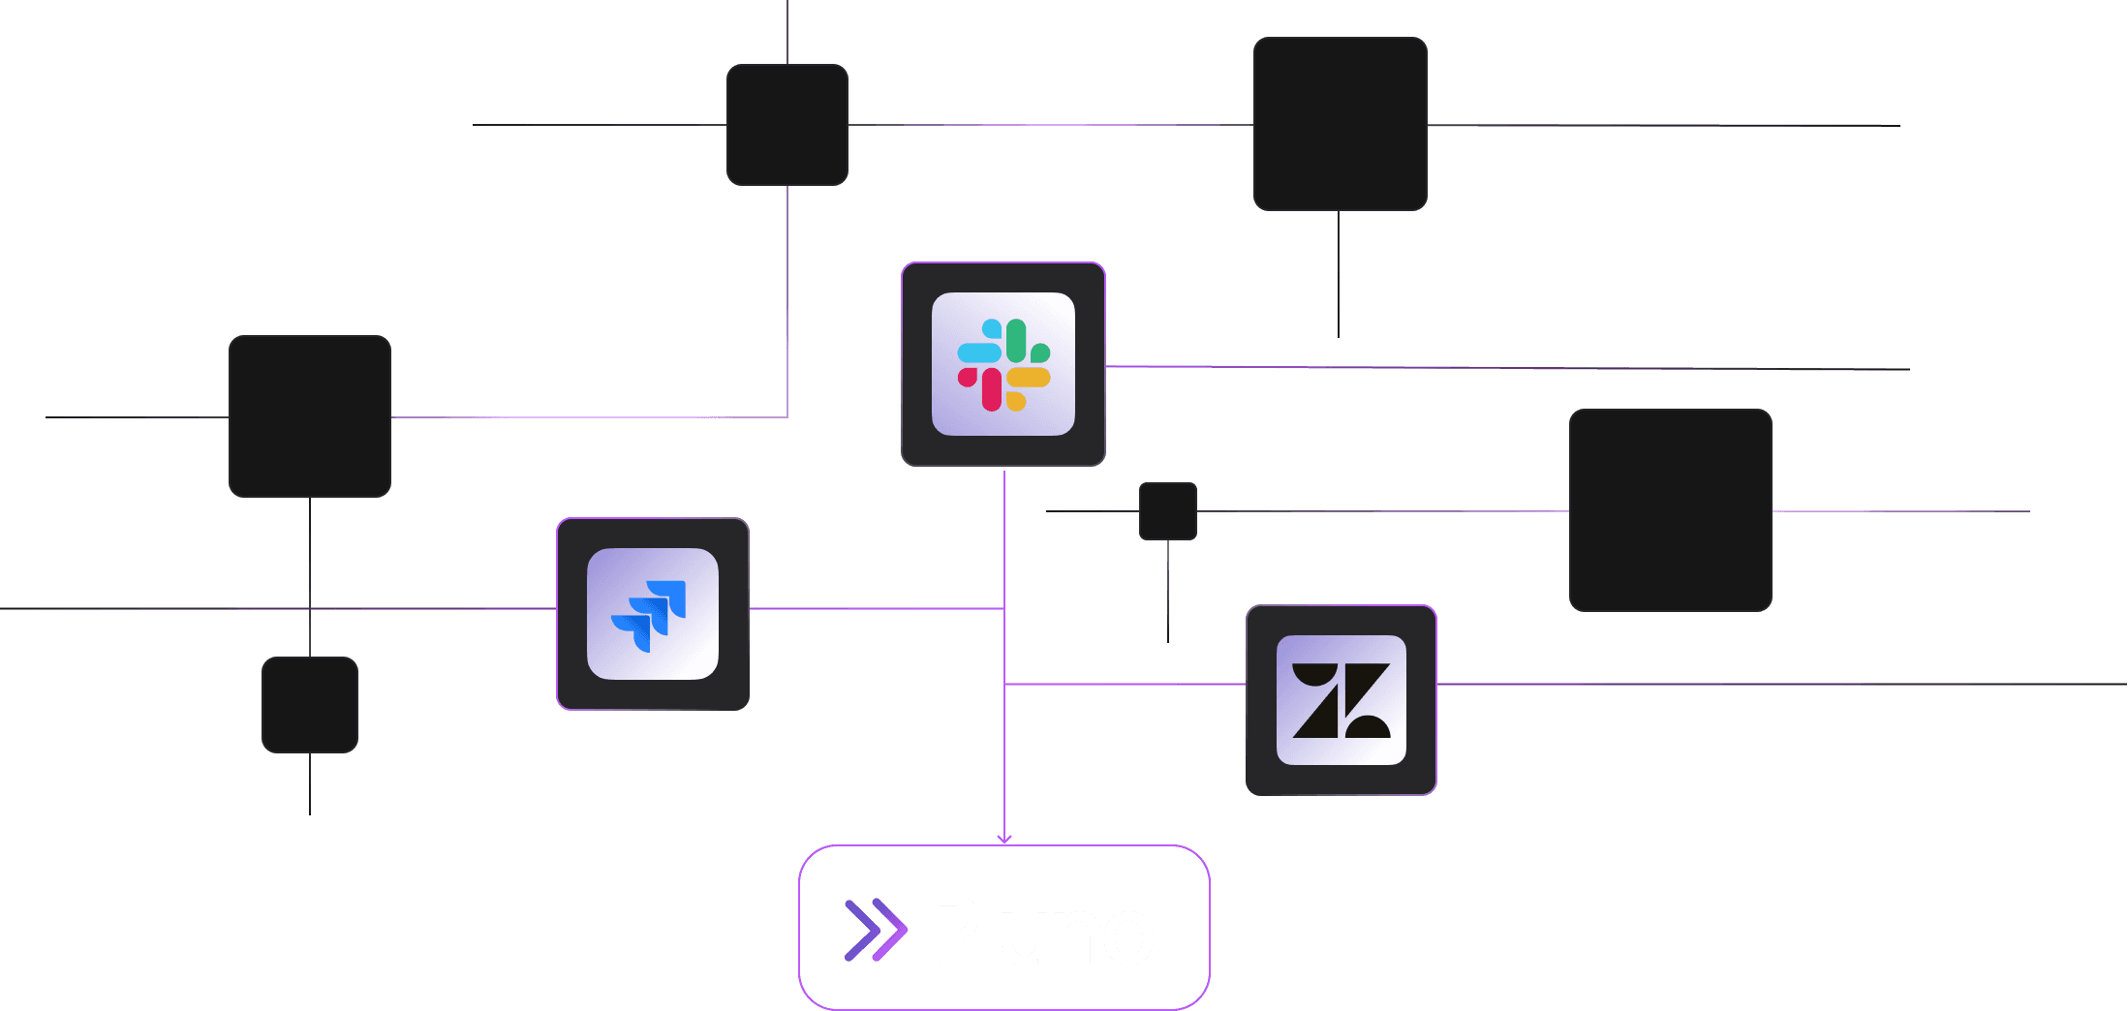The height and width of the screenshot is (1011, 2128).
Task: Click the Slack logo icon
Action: pyautogui.click(x=1003, y=364)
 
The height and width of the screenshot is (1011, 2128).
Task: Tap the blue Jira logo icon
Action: pyautogui.click(x=650, y=615)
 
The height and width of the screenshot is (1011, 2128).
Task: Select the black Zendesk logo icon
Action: pyautogui.click(x=1342, y=700)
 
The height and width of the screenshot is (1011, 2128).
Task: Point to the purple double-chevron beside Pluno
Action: pyautogui.click(x=875, y=931)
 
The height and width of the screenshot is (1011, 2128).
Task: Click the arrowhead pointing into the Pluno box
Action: pyautogui.click(x=1004, y=840)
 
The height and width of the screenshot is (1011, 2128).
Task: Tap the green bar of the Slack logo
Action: pyautogui.click(x=1016, y=340)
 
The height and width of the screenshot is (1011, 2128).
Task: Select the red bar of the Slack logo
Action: pyautogui.click(x=992, y=388)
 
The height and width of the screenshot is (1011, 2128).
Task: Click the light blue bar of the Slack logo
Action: pyautogui.click(x=979, y=352)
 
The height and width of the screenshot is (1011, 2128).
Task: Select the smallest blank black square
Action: pyautogui.click(x=1168, y=511)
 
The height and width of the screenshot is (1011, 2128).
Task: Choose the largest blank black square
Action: pyautogui.click(x=1670, y=510)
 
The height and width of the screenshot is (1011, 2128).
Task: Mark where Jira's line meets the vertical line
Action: pyautogui.click(x=1004, y=608)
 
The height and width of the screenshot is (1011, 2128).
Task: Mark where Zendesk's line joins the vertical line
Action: pyautogui.click(x=1004, y=685)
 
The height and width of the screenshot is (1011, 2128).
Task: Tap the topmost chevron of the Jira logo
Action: pyautogui.click(x=669, y=594)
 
